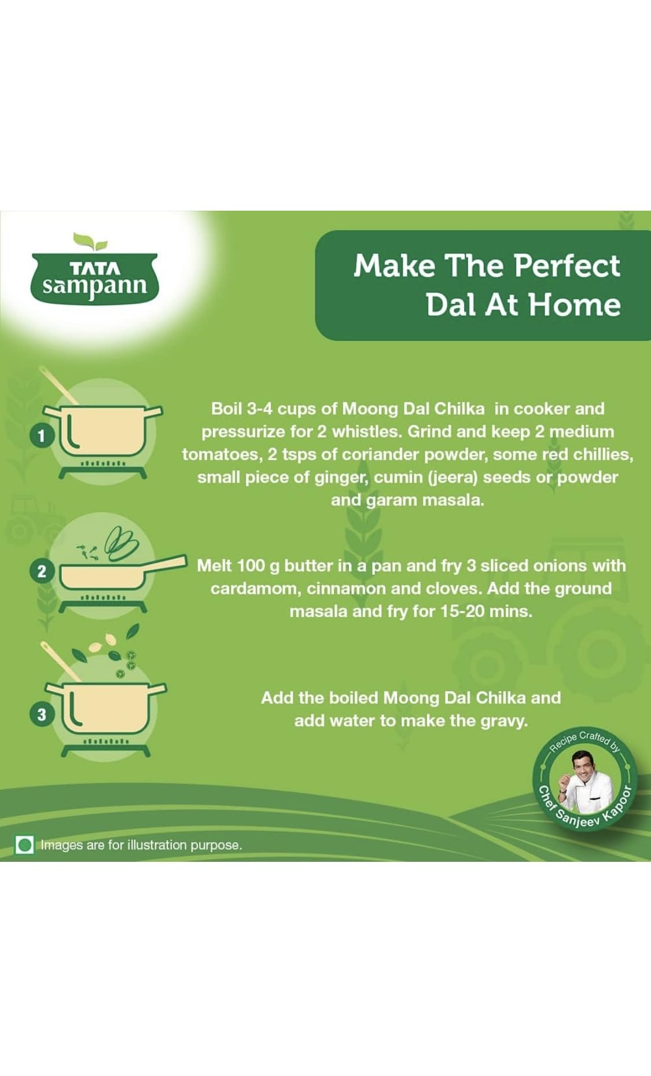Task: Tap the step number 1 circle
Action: [41, 435]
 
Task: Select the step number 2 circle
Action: [41, 571]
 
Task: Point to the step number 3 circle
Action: [41, 714]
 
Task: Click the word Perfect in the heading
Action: [567, 266]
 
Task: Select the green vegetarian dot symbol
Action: [25, 845]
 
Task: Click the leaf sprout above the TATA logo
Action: [91, 241]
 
